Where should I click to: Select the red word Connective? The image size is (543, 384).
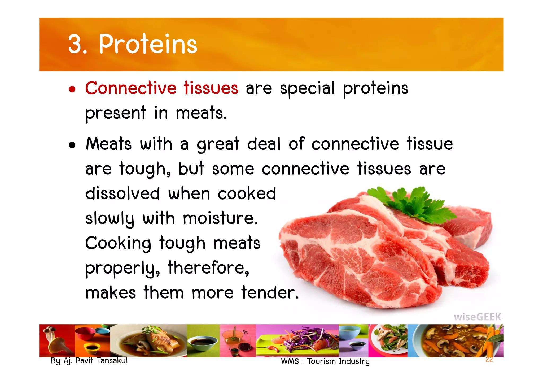[131, 88]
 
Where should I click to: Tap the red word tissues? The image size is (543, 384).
[211, 88]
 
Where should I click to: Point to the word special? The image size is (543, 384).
[307, 89]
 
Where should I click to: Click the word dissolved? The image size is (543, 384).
[123, 193]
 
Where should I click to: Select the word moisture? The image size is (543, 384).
[220, 218]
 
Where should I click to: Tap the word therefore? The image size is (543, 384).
[208, 268]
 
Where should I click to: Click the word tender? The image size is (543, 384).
[270, 292]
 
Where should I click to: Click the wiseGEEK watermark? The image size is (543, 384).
[477, 317]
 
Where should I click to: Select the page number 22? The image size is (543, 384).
[489, 360]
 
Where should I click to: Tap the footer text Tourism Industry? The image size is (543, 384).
[338, 361]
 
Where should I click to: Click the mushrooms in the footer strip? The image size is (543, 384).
[54, 341]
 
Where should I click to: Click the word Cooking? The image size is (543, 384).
[118, 243]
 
